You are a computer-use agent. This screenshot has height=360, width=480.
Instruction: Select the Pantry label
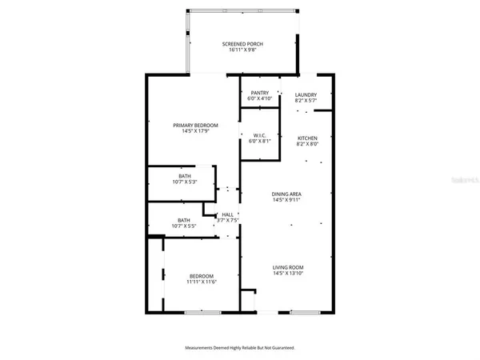tap(259, 93)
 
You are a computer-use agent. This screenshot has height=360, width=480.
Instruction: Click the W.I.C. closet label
tap(259, 134)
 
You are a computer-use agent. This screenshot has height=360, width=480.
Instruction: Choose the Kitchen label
tap(307, 138)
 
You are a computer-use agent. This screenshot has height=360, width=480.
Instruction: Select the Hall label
tap(228, 214)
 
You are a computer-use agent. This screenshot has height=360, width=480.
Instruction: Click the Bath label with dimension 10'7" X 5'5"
tap(184, 220)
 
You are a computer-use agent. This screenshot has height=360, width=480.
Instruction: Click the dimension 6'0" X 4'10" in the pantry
tap(259, 99)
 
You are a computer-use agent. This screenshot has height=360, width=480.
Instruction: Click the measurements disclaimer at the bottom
tap(240, 348)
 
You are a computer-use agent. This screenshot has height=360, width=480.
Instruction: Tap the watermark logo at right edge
tap(464, 182)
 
